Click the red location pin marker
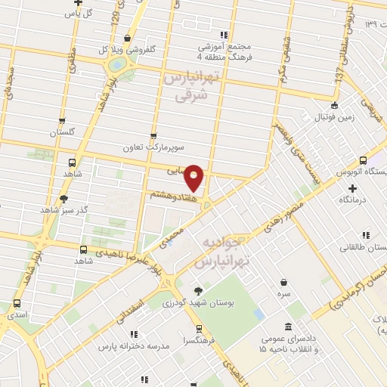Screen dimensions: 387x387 click(194, 177)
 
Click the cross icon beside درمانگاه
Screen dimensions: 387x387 click(352, 187)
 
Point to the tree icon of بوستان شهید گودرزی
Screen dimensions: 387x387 click(198, 290)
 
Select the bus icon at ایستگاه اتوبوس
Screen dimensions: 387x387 click(364, 160)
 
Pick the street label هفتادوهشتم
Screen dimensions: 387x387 click(176, 194)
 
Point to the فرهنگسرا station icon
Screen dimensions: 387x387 click(198, 329)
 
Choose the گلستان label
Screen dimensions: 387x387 click(63, 132)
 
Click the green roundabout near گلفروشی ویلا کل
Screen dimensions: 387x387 click(117, 65)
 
